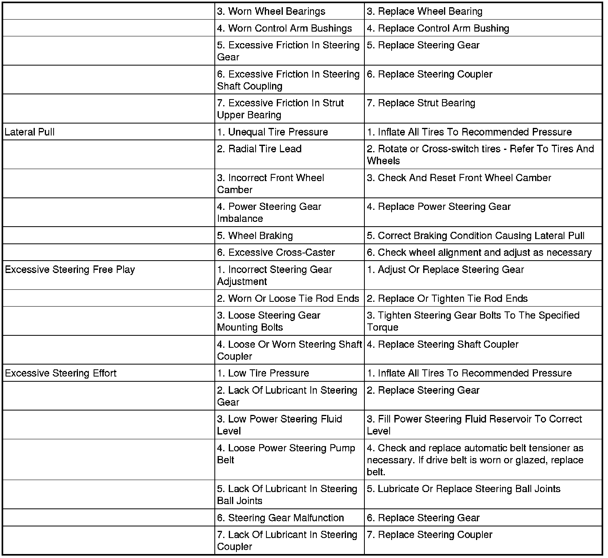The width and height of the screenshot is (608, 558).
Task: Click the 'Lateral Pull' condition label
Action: point(30,132)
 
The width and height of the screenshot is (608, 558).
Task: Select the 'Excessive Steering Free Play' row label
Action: point(70,269)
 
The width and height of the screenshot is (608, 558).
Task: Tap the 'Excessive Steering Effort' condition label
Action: point(61,373)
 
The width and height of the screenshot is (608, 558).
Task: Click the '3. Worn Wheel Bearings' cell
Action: point(271,11)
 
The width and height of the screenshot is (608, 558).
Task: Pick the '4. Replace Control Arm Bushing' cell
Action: point(438,28)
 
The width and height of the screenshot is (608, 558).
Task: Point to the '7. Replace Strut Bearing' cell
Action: point(421,103)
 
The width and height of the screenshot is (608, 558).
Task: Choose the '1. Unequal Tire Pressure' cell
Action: point(272,132)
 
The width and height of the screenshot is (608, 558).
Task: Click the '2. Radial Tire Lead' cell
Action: point(259,149)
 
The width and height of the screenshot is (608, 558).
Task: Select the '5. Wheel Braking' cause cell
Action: point(255,236)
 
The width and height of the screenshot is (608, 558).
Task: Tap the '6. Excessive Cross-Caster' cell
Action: point(276,253)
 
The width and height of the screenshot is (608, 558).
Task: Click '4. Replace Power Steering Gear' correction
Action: point(439,207)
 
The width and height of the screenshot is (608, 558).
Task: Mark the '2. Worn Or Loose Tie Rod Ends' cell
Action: point(288,299)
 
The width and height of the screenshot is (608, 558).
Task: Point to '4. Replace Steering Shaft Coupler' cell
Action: point(443,345)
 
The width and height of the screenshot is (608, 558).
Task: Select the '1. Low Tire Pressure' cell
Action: point(263,373)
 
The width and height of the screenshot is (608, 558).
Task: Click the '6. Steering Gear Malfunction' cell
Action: point(280,518)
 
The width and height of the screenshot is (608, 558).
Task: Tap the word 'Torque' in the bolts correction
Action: point(383,327)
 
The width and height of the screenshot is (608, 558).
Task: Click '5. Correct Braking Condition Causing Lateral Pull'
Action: point(476,236)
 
